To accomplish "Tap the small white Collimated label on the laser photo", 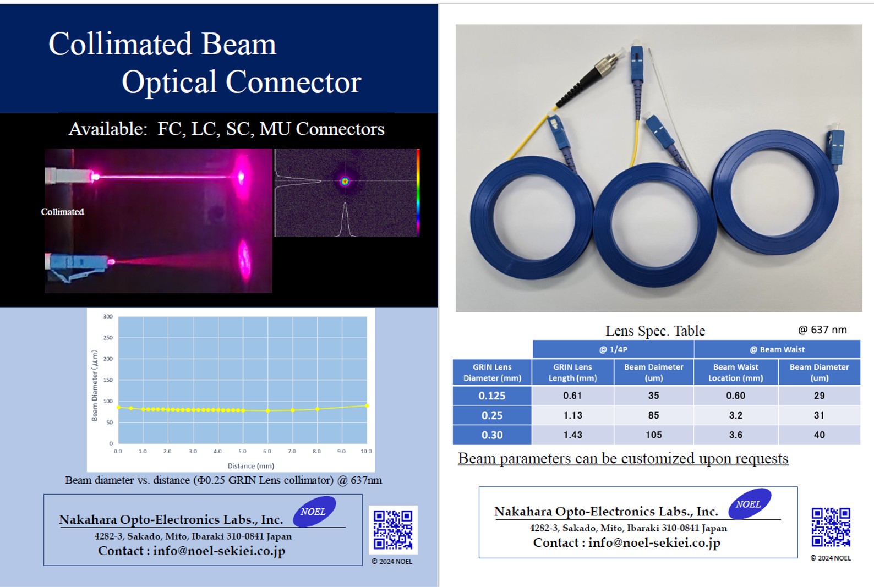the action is [x=62, y=212].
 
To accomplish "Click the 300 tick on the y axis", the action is [x=108, y=316].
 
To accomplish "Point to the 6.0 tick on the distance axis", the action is [x=267, y=451].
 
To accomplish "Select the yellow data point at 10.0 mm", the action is [x=367, y=405].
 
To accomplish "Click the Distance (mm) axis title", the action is [x=251, y=466].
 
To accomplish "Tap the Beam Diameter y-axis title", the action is [x=95, y=385].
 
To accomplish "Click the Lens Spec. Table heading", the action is [x=655, y=331].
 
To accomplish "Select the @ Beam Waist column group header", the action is [x=777, y=349].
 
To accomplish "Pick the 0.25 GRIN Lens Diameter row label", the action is [x=492, y=415].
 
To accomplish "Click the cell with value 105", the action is [x=653, y=435].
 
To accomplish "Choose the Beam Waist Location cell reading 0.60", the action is [x=735, y=396].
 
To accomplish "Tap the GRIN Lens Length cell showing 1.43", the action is [x=572, y=435].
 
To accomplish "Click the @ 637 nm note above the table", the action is [x=822, y=330].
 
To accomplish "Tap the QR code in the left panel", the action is [x=393, y=530].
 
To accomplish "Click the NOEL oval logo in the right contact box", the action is [x=750, y=504].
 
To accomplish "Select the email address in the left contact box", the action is [x=219, y=551].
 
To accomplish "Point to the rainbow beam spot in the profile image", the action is [x=345, y=181].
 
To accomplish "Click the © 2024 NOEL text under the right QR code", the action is [x=831, y=558].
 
